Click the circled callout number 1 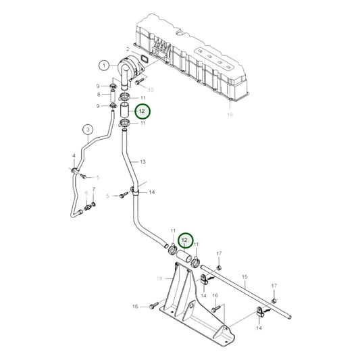103,65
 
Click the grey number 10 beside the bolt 151,89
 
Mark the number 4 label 74,157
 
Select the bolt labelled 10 137,82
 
